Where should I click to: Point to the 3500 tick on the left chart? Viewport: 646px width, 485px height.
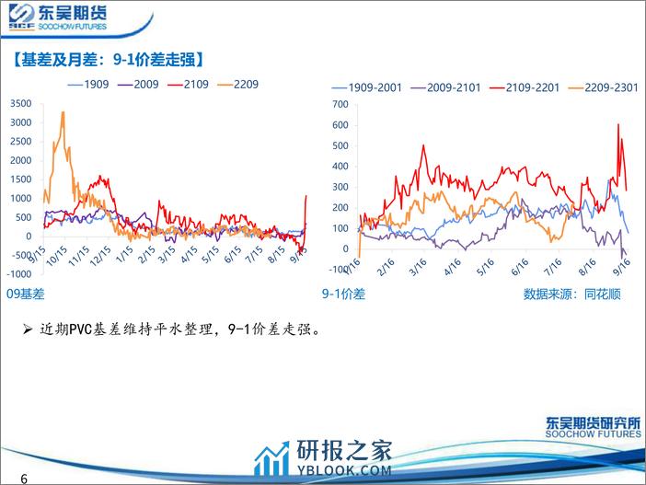point(20,102)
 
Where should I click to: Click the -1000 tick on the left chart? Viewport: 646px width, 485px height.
point(17,274)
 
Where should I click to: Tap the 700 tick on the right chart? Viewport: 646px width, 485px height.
point(342,102)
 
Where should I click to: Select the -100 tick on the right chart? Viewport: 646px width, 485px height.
point(340,270)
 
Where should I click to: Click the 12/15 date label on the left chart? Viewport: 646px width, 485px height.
point(124,254)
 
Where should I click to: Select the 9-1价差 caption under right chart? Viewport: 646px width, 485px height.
point(344,294)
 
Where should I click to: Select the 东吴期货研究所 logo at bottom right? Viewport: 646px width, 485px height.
point(591,425)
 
